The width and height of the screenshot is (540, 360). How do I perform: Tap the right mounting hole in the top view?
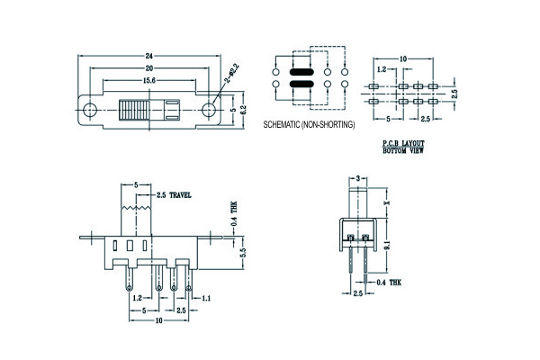point(209,111)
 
